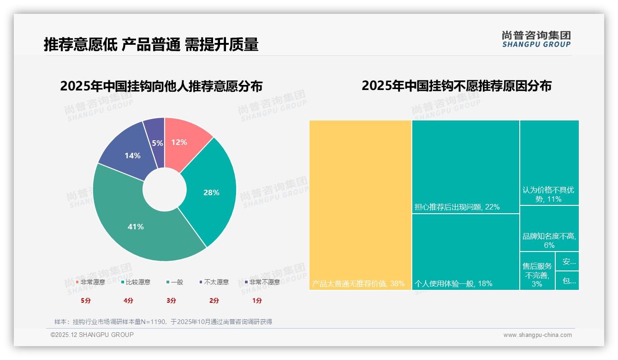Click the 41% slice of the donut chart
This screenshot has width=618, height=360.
pos(136,227)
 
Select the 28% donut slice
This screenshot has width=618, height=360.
pos(211,192)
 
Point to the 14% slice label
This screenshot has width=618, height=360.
pos(132,156)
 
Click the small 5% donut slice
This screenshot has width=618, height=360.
pos(157,143)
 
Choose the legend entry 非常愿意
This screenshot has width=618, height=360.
pos(90,282)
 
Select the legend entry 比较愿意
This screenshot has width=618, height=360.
pos(136,282)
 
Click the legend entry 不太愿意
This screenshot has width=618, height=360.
pos(214,282)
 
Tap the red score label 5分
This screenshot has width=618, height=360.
pos(86,300)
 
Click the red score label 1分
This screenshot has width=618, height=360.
pos(257,300)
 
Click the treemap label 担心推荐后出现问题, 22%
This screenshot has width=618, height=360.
pos(457,207)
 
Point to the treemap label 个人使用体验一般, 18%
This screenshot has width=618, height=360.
pos(453,283)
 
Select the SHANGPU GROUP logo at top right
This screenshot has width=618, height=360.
pos(536,39)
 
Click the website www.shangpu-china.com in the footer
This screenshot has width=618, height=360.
pos(537,335)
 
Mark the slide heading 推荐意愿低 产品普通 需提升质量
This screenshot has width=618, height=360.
pos(151,44)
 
